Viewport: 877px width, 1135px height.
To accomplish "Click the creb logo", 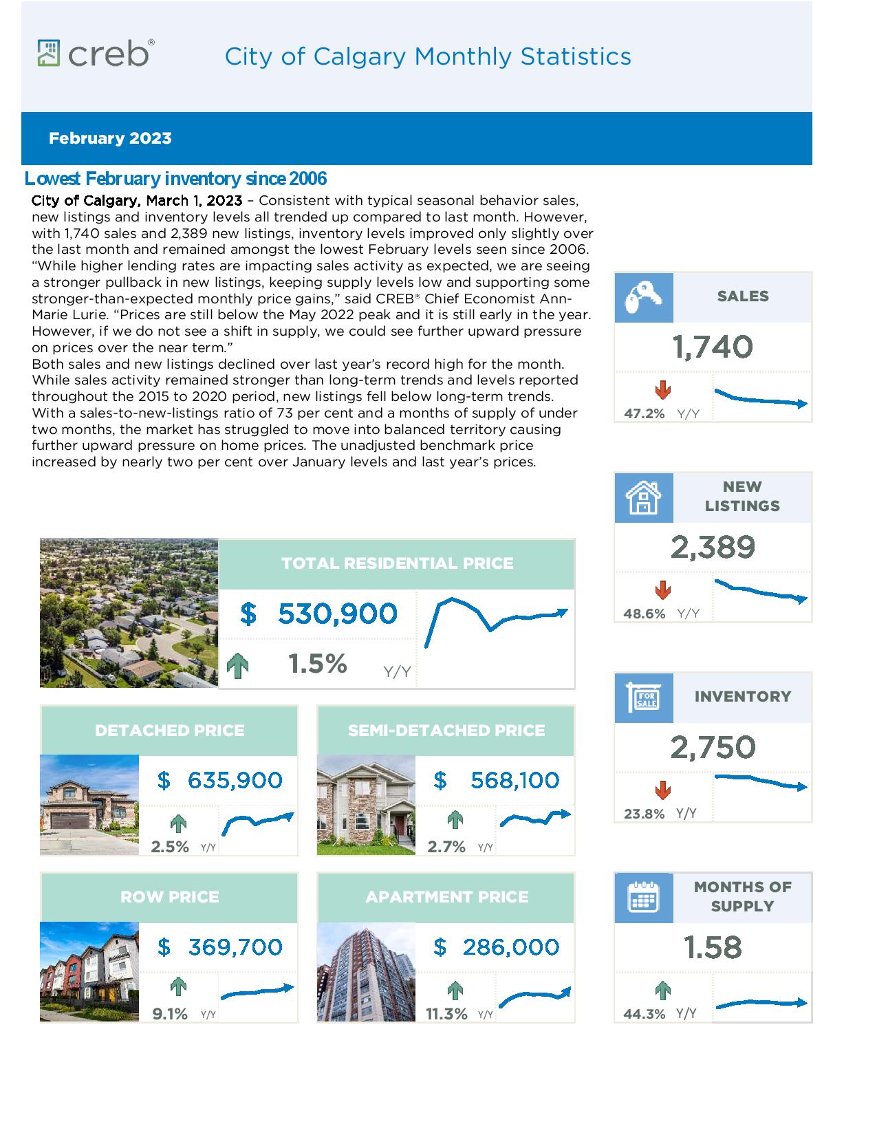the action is [x=96, y=53].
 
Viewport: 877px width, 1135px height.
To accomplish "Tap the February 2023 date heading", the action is [x=110, y=138].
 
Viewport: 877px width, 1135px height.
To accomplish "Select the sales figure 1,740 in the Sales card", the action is [x=713, y=347].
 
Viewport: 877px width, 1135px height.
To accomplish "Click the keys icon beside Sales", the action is [x=643, y=297].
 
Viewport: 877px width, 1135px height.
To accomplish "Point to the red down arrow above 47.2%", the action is [x=663, y=389].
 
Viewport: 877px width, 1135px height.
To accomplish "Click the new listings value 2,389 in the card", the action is [x=713, y=548].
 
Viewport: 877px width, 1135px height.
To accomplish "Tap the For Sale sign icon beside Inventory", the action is [x=643, y=697].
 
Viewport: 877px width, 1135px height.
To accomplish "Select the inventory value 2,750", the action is [x=713, y=748].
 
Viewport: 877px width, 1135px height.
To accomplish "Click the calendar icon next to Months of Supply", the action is [x=643, y=898].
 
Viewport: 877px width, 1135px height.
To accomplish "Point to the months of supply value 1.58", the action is [x=713, y=947].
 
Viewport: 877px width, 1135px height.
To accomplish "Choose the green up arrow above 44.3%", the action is [x=663, y=991].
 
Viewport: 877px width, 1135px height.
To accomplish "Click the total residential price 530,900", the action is [x=338, y=614].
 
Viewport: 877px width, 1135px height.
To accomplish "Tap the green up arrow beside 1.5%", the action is [x=238, y=665].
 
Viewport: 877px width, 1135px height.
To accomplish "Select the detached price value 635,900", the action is [x=235, y=781].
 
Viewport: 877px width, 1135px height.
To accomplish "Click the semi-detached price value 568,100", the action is [x=515, y=781].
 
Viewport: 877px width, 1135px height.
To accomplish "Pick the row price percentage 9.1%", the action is [x=170, y=1015].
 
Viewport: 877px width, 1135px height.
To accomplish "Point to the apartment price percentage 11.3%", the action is [x=446, y=1015].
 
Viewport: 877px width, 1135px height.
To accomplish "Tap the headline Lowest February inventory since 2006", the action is [x=175, y=179].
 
